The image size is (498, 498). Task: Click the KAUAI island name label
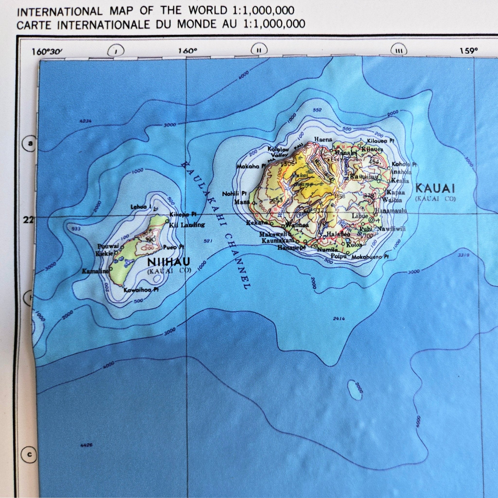point(435,189)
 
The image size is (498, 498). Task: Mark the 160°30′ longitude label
point(47,51)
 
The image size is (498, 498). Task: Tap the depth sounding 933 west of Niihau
point(77,229)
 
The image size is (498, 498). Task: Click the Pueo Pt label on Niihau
point(173,247)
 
